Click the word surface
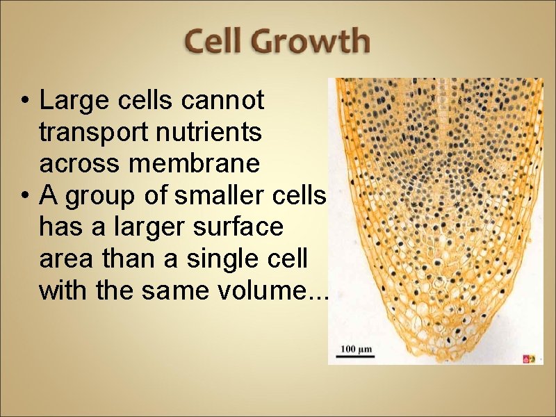237,227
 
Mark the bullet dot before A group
24,197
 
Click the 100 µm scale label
357,347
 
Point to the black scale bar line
357,355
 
